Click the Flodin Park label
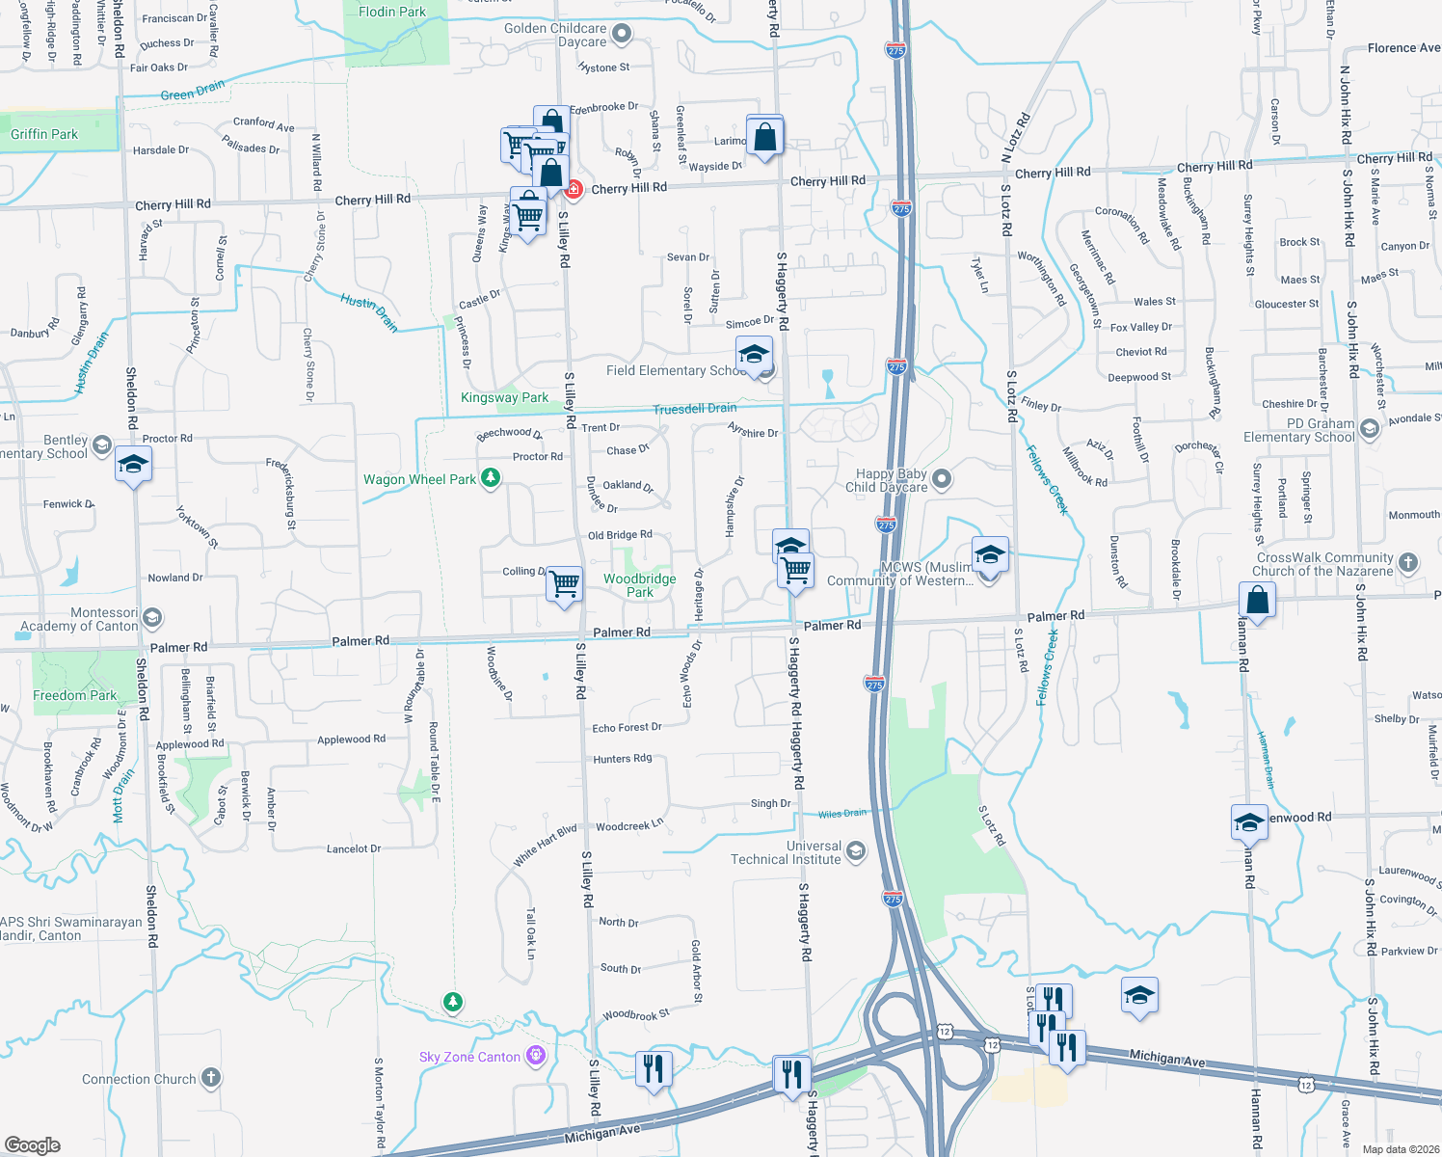tap(392, 12)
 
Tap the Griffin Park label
tap(44, 134)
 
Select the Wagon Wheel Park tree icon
tap(491, 478)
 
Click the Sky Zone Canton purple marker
tap(536, 1056)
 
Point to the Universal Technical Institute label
tap(786, 852)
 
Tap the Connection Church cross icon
tap(210, 1078)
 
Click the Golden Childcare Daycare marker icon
tap(622, 35)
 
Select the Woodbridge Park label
tap(640, 585)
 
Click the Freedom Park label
tap(74, 695)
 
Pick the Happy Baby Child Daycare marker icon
tap(942, 478)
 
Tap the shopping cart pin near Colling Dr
tap(564, 583)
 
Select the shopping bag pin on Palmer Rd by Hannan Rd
tap(1257, 600)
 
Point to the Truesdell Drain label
tap(694, 409)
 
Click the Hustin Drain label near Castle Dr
tap(369, 313)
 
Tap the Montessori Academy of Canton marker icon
tap(152, 617)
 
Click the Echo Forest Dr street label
tap(627, 728)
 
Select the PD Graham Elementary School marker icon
tap(1370, 426)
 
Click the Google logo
tap(32, 1144)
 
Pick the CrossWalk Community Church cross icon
tap(1408, 561)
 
